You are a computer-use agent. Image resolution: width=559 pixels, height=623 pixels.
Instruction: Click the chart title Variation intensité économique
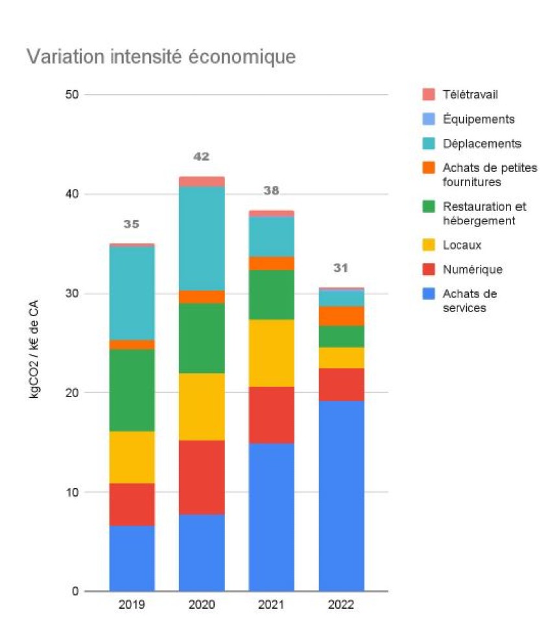pos(161,57)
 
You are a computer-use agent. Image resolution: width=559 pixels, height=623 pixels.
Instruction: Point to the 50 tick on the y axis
pos(71,95)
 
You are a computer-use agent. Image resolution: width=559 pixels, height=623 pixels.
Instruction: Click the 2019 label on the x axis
pos(132,605)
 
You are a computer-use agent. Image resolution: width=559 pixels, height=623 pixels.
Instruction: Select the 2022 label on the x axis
pos(341,605)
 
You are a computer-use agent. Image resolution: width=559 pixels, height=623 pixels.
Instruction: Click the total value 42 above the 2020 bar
pos(202,157)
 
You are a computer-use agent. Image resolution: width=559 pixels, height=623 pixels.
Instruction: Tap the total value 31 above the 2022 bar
pos(341,268)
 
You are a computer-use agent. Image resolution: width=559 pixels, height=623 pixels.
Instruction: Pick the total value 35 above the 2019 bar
pos(132,225)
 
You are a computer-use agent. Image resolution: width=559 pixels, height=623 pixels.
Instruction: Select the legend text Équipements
pos(479,119)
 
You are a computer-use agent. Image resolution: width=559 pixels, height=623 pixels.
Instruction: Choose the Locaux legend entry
pos(462,245)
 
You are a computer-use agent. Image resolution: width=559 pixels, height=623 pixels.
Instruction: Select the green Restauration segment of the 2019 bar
pos(132,390)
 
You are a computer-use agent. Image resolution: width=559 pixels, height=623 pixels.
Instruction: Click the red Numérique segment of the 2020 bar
pos(202,477)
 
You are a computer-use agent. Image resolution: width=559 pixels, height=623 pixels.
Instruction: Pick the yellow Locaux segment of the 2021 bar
pos(271,353)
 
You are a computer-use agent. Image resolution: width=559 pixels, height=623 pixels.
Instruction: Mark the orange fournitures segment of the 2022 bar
pos(341,316)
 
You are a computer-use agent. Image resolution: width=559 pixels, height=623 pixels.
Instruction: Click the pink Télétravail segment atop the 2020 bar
pos(202,182)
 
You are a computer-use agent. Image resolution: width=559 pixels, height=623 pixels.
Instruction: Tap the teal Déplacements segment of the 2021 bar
pos(271,236)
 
